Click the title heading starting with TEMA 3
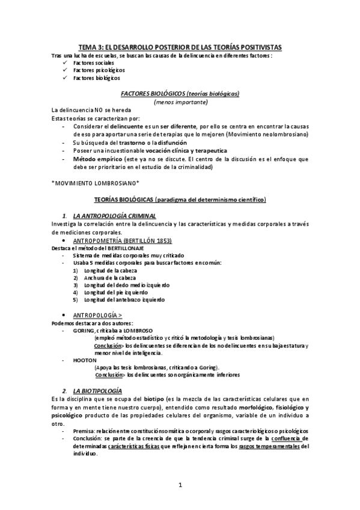(180, 47)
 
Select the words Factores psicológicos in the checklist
(96, 70)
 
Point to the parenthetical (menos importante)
(180, 102)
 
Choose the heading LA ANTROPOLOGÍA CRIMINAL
(114, 215)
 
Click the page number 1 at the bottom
(180, 485)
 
